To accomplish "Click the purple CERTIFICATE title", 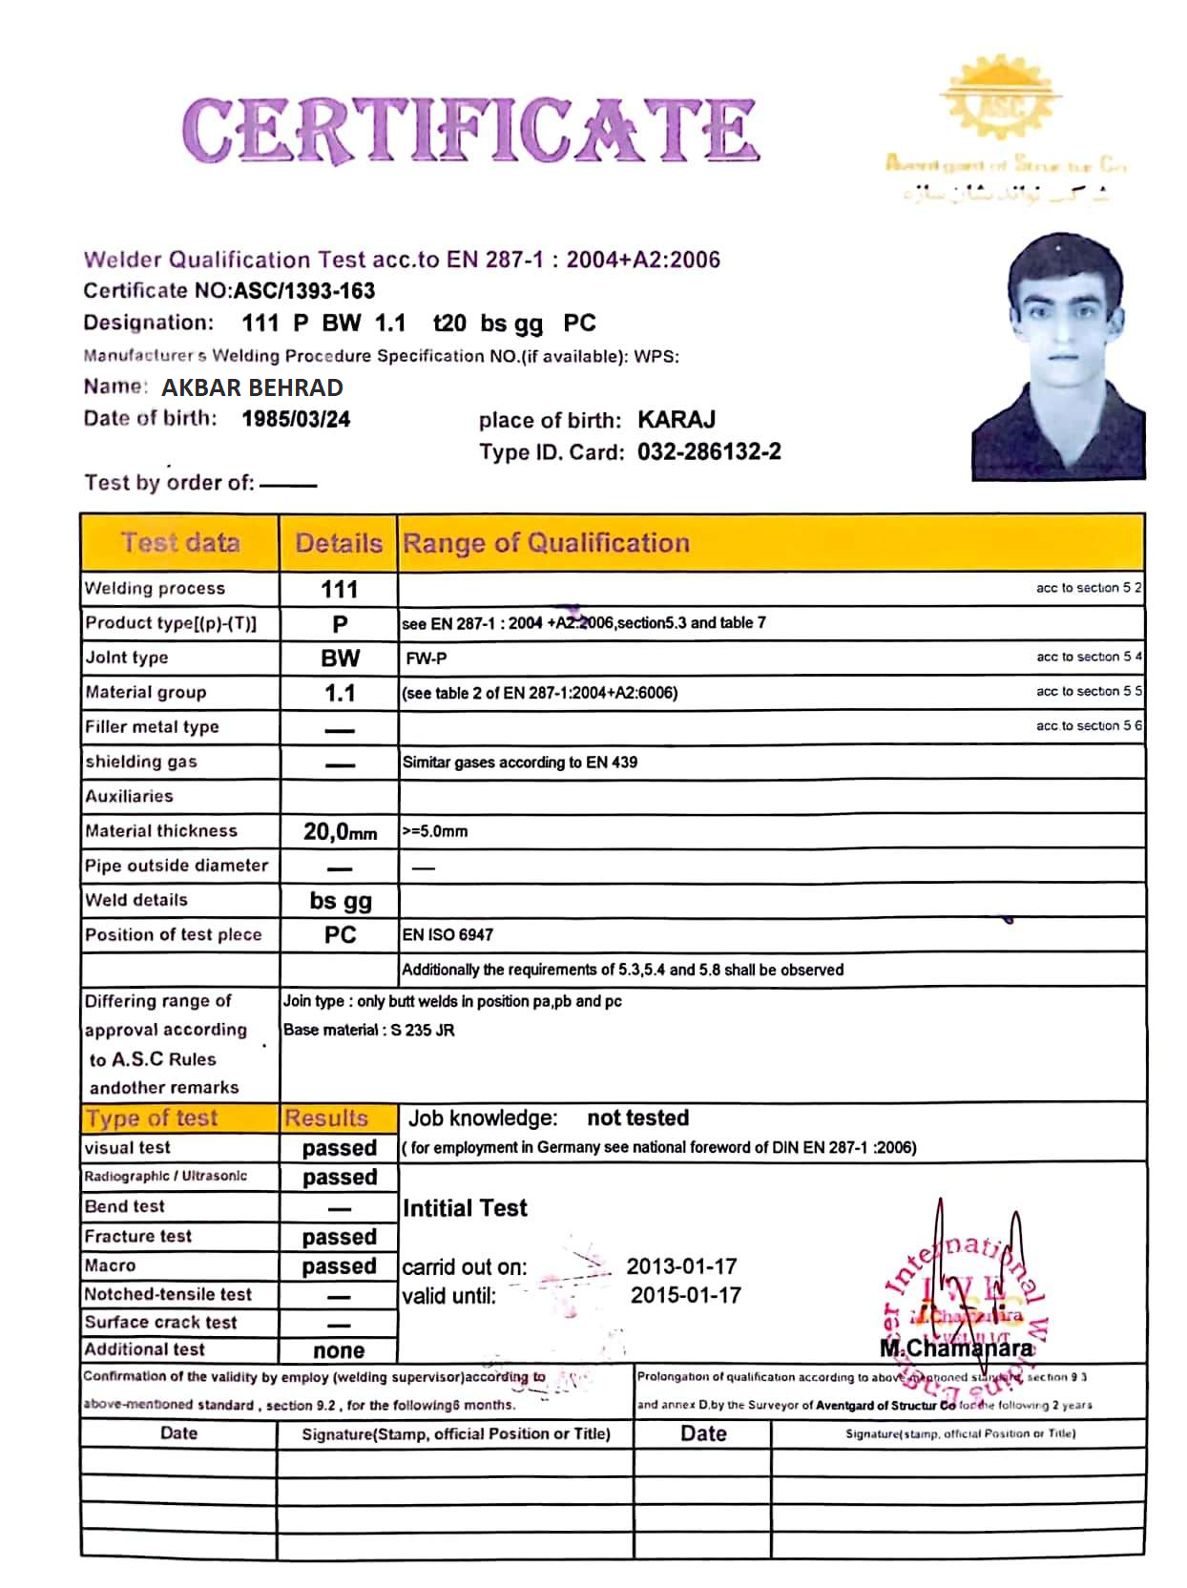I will coord(470,130).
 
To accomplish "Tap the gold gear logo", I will coord(1000,100).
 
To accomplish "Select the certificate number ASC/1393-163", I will coord(304,291).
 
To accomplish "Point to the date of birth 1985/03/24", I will coord(296,419).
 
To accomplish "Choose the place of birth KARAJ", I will coord(677,420).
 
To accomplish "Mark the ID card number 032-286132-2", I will coord(709,451).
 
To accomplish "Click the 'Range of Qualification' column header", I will coord(546,543).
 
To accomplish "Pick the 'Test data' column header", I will coord(179,543).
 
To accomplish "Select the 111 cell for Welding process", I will coord(339,589).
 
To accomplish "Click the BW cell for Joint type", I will coord(340,658).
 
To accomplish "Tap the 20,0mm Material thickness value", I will coord(340,831).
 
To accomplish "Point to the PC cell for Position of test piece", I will coord(340,934).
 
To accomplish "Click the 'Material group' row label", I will coord(145,693).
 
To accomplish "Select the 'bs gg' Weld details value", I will coord(341,901).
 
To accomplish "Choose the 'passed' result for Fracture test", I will coord(339,1237).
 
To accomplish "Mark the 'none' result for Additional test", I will coord(339,1350).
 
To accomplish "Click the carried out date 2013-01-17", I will coord(681,1266).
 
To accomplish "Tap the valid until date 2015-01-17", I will coord(685,1295).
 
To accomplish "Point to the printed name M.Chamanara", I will coord(956,1348).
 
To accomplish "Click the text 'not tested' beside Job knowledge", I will coord(637,1118).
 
